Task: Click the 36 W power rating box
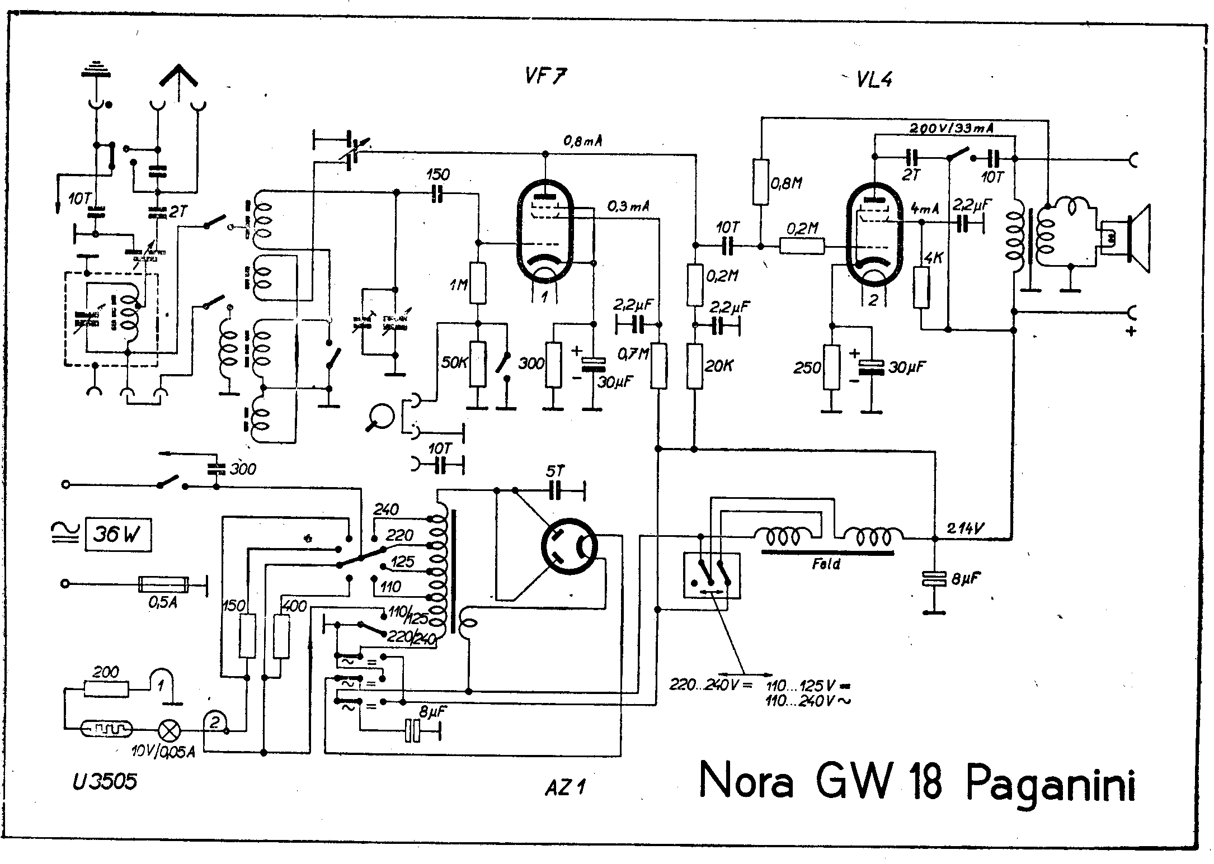point(118,535)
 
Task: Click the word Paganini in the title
point(1051,783)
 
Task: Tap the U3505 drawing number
point(105,782)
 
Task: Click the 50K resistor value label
point(454,363)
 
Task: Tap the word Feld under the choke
point(826,564)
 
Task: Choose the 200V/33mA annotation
point(951,128)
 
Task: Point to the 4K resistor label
point(933,259)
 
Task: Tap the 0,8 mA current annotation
point(583,142)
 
